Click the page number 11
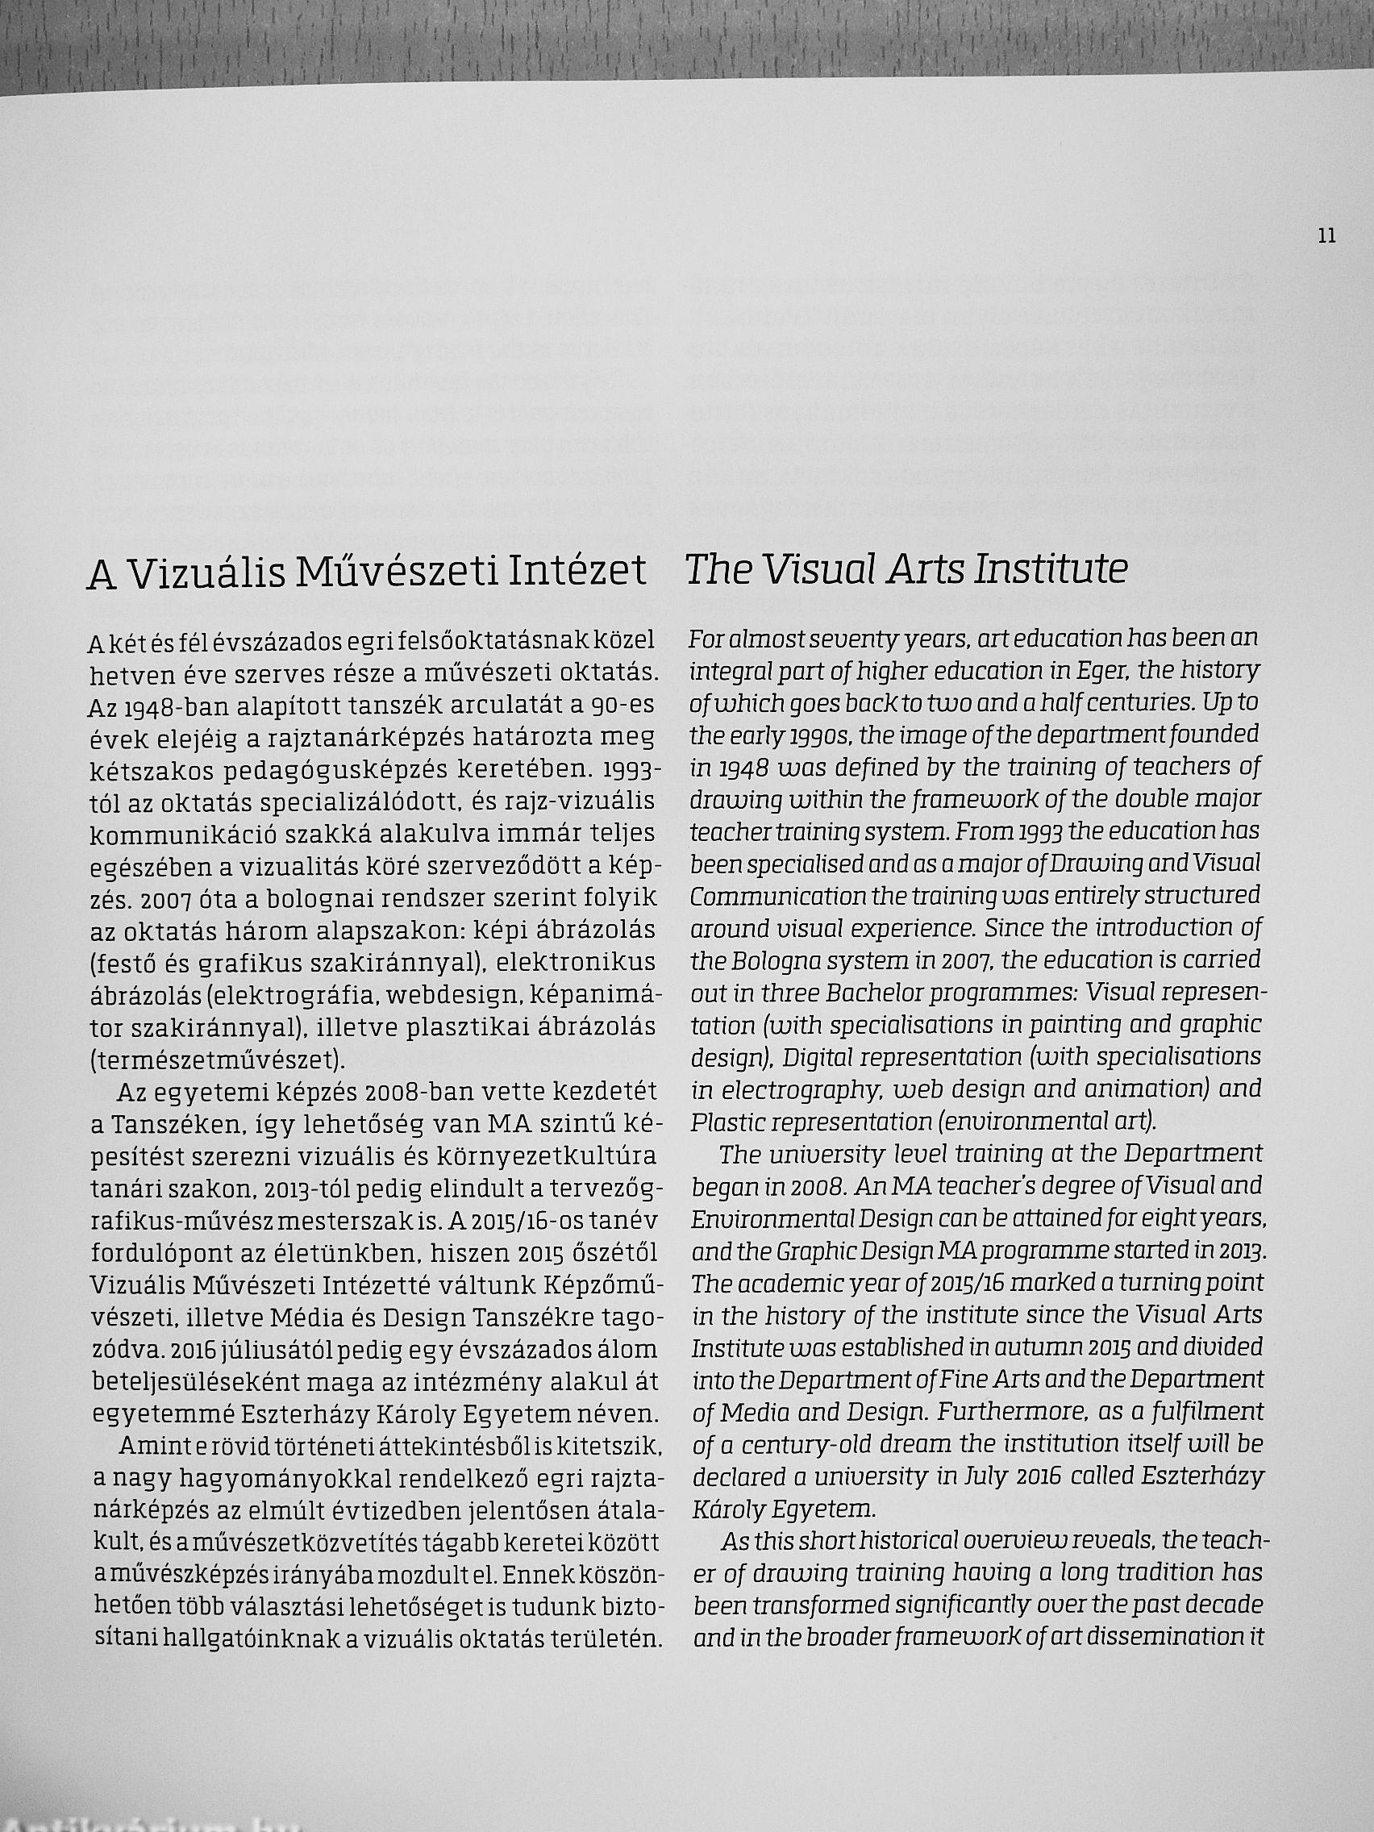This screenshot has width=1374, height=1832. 1326,236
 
